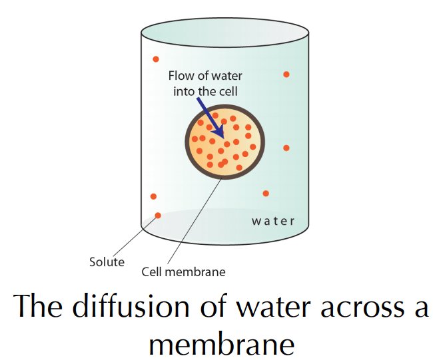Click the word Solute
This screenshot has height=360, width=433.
[107, 262]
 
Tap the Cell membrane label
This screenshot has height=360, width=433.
[183, 272]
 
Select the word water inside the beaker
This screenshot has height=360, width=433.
[273, 221]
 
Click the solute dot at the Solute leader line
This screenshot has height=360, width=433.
[158, 216]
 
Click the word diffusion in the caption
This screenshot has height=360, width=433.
[131, 307]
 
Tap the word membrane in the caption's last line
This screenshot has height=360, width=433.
[222, 345]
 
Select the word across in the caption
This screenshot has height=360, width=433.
[363, 308]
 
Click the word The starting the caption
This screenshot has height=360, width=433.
[38, 306]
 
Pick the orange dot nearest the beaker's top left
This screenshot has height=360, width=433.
[156, 59]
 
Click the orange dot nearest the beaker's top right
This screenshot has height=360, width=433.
[286, 75]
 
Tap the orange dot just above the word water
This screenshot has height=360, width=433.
[266, 194]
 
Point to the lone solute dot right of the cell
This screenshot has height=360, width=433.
[286, 148]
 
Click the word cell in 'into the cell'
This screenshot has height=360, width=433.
[228, 92]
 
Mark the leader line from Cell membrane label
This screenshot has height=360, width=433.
[195, 221]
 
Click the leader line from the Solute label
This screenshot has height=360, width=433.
[135, 237]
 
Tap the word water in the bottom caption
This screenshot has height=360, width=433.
[273, 307]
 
